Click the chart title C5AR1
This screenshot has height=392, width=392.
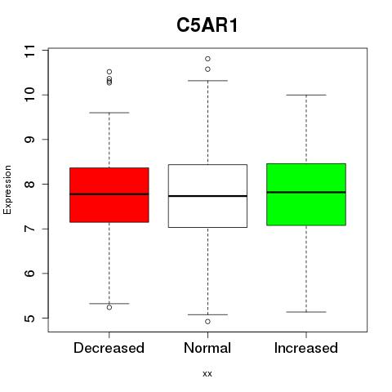click(207, 25)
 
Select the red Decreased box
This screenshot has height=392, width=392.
click(109, 195)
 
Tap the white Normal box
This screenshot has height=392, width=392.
click(207, 196)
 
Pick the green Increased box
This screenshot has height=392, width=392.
click(306, 194)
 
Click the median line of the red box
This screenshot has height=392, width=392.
click(109, 194)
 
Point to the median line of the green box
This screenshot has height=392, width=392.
click(306, 192)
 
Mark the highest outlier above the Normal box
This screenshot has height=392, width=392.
click(207, 59)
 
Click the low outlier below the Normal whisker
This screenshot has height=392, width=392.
click(207, 322)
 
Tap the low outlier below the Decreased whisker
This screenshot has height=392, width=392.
click(109, 307)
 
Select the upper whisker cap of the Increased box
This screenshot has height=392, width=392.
click(306, 95)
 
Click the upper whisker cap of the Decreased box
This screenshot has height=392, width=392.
click(109, 113)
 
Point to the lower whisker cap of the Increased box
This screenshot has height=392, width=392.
click(306, 312)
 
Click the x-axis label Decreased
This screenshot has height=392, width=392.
click(109, 348)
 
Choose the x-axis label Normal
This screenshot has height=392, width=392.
click(207, 348)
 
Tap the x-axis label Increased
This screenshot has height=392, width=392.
click(306, 348)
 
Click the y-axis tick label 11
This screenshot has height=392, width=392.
click(29, 51)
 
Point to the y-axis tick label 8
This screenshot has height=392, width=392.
click(29, 185)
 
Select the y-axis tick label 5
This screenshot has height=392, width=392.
click(29, 318)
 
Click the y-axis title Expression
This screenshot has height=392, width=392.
click(7, 189)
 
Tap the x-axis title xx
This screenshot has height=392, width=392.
click(207, 374)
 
